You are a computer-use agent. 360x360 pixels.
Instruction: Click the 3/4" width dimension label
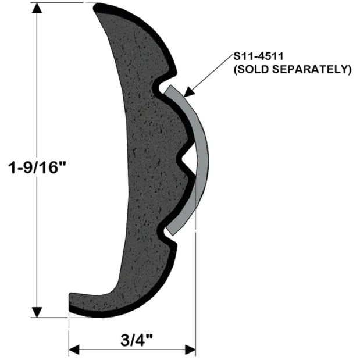(133, 339)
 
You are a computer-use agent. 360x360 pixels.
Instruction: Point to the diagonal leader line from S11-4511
(209, 76)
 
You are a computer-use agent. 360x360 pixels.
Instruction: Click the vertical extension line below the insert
(195, 279)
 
